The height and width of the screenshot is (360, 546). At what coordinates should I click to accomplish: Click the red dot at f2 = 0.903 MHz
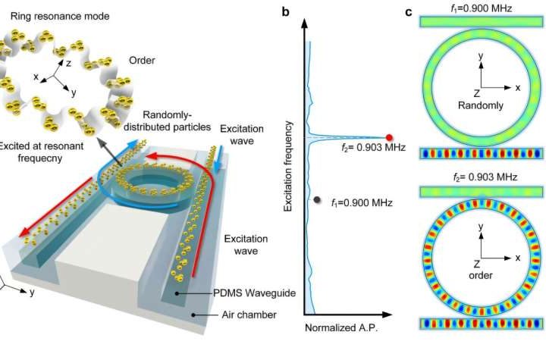[x=390, y=137]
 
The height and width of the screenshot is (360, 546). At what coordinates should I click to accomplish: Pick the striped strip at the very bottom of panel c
[x=480, y=324]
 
